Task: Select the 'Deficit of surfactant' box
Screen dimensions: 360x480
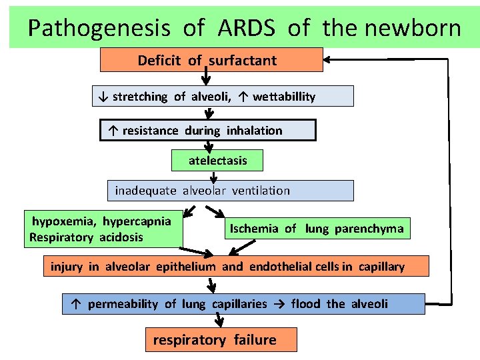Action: (211, 60)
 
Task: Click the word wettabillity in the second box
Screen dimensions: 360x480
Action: (284, 97)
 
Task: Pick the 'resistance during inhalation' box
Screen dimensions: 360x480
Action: (207, 131)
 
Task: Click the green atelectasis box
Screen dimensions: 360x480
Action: (217, 161)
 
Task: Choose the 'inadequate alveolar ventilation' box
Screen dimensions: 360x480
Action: (230, 191)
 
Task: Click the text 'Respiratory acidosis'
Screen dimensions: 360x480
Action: (87, 237)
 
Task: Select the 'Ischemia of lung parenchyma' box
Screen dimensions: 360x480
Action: (317, 229)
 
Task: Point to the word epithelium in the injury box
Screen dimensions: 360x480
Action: (186, 267)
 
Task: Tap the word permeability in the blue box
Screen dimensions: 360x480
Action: (123, 304)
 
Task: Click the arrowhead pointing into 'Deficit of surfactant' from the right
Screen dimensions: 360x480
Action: (331, 60)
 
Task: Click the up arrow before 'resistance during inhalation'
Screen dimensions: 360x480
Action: (112, 131)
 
